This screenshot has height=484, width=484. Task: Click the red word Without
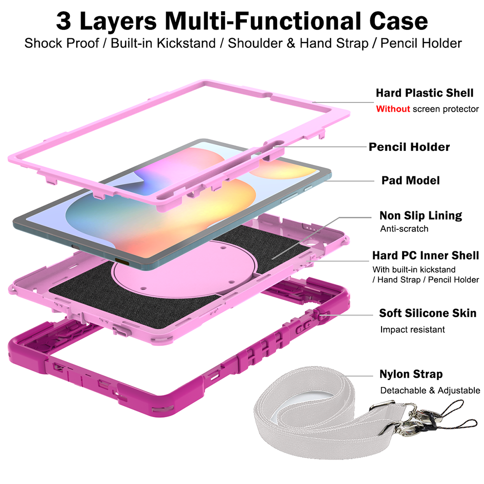pos(393,109)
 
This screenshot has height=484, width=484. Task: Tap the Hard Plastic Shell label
pos(424,93)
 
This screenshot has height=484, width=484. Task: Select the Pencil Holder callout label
pos(409,147)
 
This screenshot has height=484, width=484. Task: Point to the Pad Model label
pos(410,180)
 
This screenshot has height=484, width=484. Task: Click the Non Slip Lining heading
pos(421,216)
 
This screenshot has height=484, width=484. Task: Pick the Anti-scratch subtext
pos(404,229)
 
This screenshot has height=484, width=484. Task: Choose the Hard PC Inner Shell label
pos(425,255)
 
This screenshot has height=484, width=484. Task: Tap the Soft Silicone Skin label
pos(427,313)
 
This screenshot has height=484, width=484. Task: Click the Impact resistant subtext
pos(412,330)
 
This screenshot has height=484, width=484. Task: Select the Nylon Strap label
pos(411,374)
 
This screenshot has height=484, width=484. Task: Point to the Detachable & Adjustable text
pos(430,390)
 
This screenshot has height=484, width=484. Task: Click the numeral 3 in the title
pos(63,21)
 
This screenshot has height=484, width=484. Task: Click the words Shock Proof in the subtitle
pos(62,43)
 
